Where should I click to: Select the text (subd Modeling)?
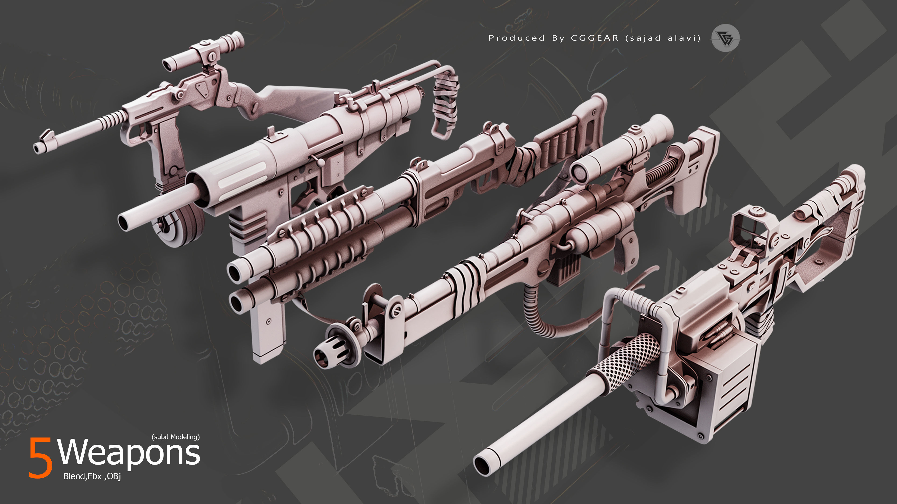175,437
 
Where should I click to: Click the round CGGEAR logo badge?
725,38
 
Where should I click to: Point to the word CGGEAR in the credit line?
595,38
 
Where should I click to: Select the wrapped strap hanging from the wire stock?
445,104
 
